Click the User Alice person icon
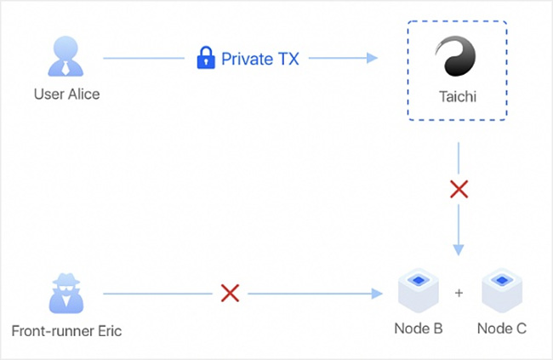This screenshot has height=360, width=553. (x=66, y=56)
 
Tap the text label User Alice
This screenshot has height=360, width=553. (x=66, y=94)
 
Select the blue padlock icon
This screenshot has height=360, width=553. (x=206, y=58)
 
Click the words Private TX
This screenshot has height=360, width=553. (x=260, y=59)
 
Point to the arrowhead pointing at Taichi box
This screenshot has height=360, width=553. (x=372, y=58)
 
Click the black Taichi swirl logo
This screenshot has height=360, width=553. (x=456, y=56)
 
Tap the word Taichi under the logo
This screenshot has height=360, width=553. (x=458, y=96)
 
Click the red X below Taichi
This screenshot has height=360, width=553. (x=459, y=189)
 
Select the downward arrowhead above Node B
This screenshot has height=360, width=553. (x=459, y=250)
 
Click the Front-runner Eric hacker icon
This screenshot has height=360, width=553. (x=66, y=293)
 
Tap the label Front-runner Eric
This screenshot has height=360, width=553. (x=66, y=331)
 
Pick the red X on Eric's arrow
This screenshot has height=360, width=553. (x=230, y=293)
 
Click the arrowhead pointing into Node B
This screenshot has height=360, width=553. (x=377, y=294)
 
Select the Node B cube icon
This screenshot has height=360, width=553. (x=419, y=290)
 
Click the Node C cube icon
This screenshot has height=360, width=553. (x=502, y=290)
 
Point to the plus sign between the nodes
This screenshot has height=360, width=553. (x=459, y=293)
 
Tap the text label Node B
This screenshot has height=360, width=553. (x=419, y=329)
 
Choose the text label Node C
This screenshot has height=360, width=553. (x=501, y=329)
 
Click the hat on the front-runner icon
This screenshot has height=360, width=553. (x=66, y=279)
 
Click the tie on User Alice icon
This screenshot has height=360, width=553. (x=66, y=68)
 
